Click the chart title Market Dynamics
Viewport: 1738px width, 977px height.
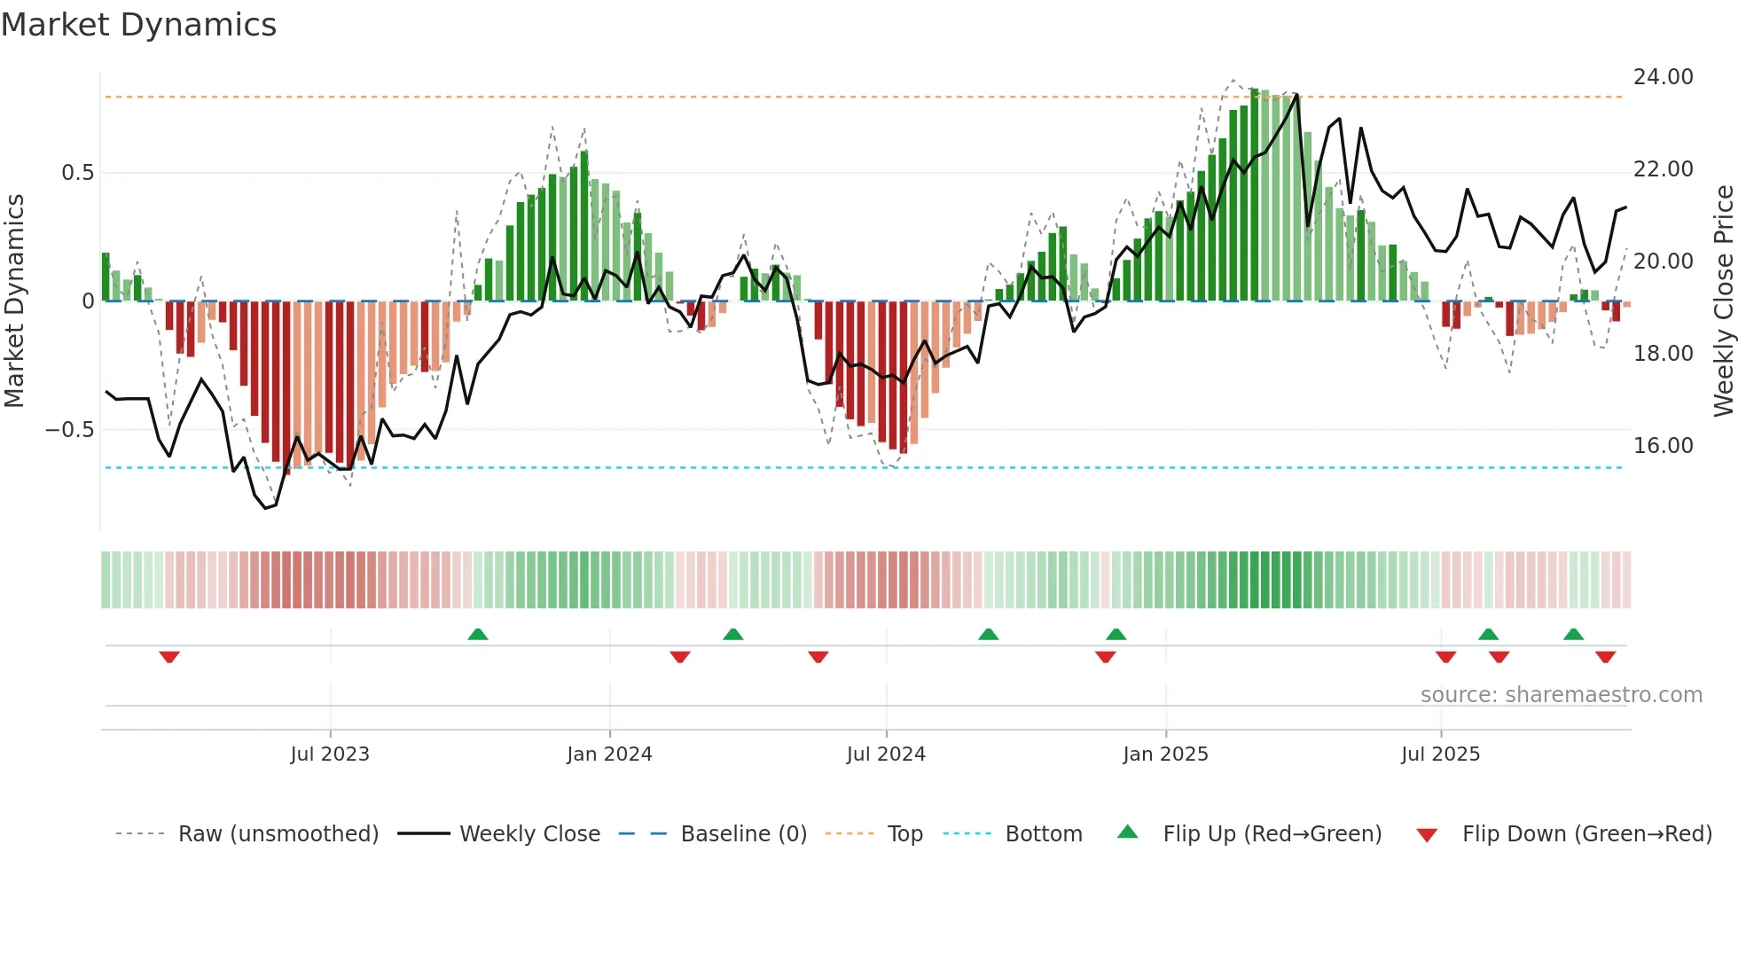click(x=138, y=25)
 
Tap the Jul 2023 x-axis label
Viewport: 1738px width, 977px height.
click(x=330, y=754)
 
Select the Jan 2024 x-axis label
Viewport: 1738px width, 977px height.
click(x=609, y=754)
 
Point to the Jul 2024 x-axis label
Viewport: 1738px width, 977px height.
click(x=886, y=754)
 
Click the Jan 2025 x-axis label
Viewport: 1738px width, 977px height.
click(x=1165, y=754)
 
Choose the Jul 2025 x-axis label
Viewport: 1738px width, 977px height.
click(x=1441, y=754)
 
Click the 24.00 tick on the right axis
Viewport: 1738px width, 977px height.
click(x=1663, y=77)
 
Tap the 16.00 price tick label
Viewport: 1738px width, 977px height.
click(x=1663, y=446)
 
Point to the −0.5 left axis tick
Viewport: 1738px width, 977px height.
click(x=69, y=430)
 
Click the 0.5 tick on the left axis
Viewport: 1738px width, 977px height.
click(x=77, y=173)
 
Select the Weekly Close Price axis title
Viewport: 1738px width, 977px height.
click(x=1723, y=301)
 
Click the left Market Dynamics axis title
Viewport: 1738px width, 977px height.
click(x=14, y=301)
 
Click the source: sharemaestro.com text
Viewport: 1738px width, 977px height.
click(x=1561, y=695)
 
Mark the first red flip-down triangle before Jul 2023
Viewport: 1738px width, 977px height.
click(x=169, y=657)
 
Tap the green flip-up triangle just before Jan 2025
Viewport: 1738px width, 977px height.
click(x=1116, y=634)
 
